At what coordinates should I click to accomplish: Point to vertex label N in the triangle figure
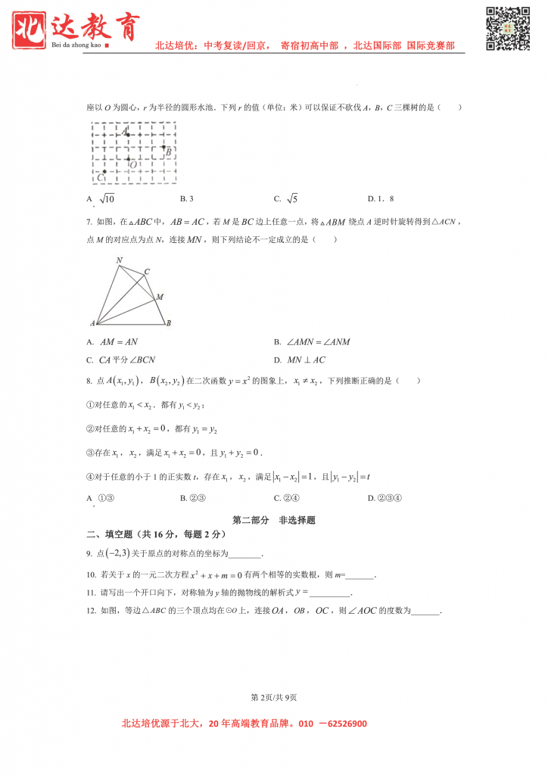[119, 260]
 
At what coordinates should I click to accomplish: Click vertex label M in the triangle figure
[160, 297]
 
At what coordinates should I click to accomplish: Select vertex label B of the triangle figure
[168, 323]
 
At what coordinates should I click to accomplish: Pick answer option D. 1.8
[381, 199]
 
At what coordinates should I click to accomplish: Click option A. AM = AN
[114, 342]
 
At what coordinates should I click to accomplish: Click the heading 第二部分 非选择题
[273, 520]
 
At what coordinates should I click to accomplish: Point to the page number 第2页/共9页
[273, 697]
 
